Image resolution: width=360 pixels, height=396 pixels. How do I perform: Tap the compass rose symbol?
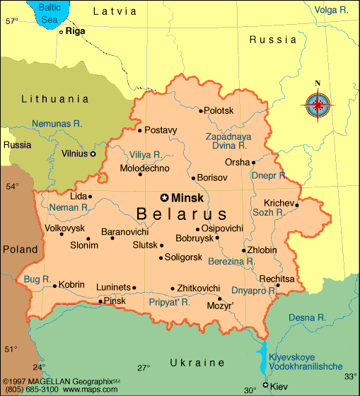coord(318,106)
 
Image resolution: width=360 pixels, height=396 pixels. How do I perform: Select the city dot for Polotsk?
coord(201,110)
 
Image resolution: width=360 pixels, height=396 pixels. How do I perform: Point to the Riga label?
coord(76,31)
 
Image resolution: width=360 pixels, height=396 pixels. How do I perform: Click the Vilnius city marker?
coord(93,153)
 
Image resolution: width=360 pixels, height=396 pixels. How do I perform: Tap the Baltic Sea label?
coord(50,13)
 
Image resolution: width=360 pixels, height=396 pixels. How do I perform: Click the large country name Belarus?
coord(182,214)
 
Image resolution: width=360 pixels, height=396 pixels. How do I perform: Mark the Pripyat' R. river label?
coord(170,301)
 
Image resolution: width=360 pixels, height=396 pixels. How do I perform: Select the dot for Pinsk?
coord(100,301)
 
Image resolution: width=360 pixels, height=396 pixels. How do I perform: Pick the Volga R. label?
coord(332,10)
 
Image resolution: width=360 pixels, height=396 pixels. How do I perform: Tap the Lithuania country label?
coord(54,99)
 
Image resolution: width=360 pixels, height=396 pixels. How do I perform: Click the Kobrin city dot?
coord(54,286)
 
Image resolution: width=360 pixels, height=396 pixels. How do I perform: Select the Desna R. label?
coord(307,318)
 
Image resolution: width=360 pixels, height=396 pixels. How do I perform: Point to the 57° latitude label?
coord(11,21)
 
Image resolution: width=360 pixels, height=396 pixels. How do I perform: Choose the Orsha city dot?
coord(253,163)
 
